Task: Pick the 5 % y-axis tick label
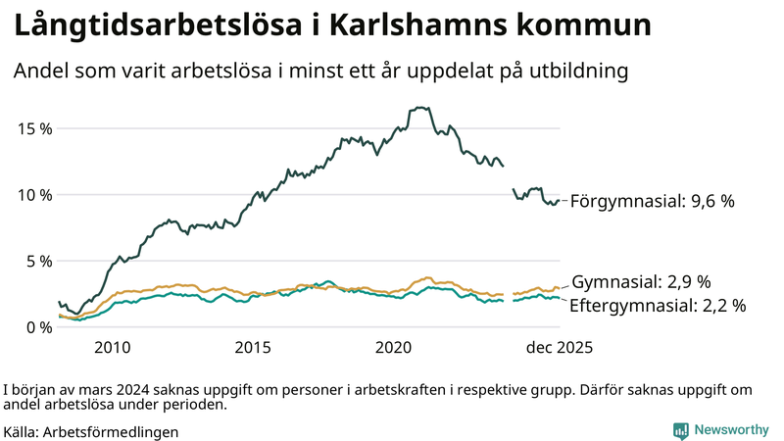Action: (x=36, y=261)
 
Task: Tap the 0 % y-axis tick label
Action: (x=36, y=327)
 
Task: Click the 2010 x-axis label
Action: (x=112, y=348)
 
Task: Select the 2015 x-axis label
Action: (x=253, y=348)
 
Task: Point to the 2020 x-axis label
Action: (x=394, y=348)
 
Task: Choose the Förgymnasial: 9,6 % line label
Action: (x=652, y=201)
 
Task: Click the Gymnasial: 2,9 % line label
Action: (x=641, y=281)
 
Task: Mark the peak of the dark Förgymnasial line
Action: (x=420, y=108)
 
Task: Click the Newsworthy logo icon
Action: (x=680, y=430)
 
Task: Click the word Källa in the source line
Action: (x=22, y=431)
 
